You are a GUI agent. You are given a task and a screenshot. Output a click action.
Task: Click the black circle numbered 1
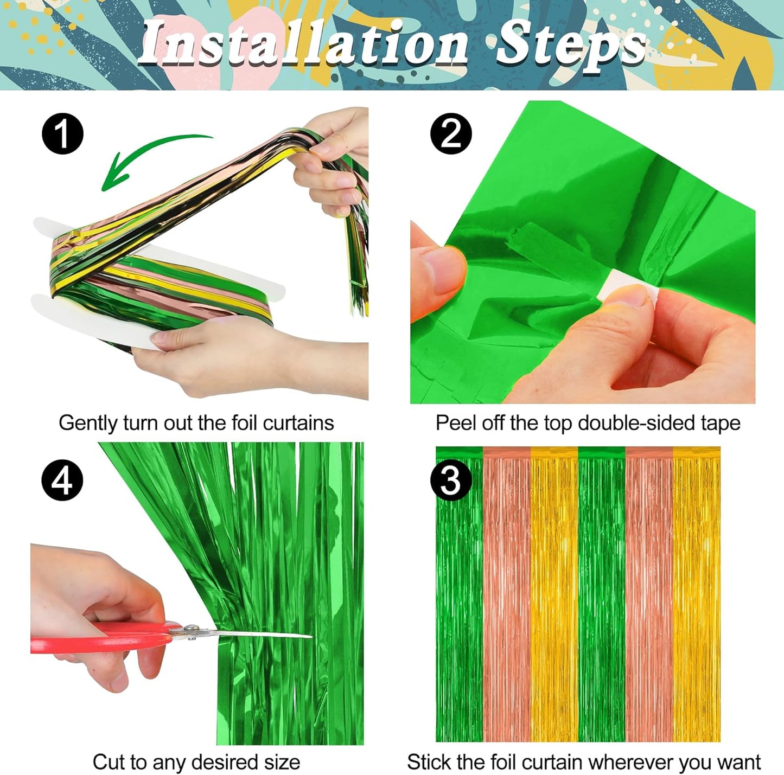pos(63,134)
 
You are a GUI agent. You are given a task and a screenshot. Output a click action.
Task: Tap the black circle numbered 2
pos(451,133)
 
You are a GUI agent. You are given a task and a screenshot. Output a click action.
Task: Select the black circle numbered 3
pos(450,481)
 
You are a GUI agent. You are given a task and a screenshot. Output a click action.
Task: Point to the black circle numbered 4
pos(62,481)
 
